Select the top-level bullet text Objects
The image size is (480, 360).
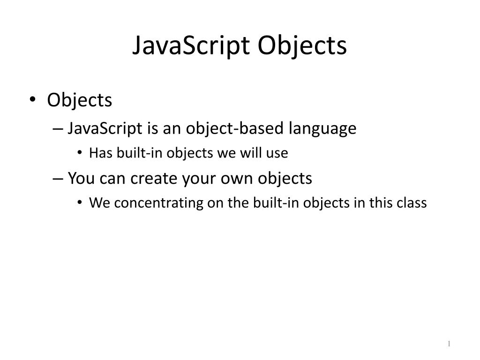80,100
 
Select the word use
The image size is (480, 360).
278,153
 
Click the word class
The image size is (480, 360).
412,203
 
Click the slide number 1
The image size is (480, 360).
449,345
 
